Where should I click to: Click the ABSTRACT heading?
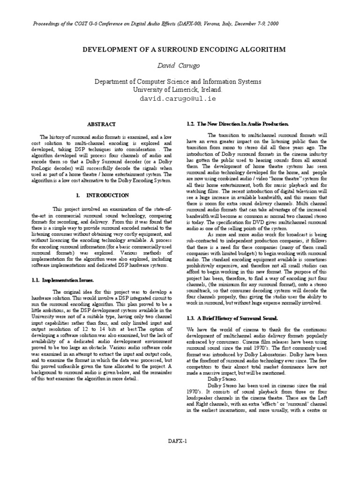(x=102, y=124)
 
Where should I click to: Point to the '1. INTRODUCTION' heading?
(x=102, y=195)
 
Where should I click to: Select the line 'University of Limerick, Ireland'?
(x=180, y=90)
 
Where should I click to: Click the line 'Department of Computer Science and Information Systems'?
(x=180, y=81)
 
